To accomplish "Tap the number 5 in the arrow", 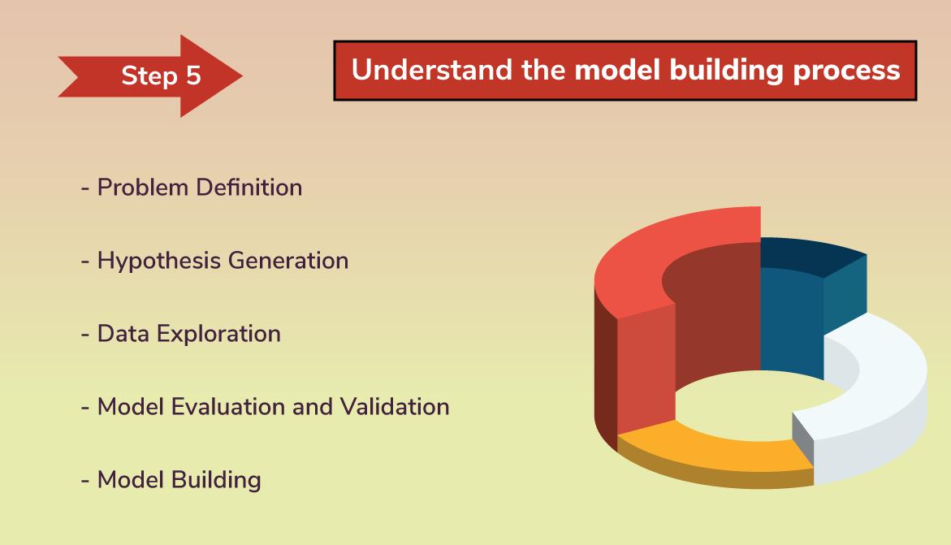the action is tap(192, 76).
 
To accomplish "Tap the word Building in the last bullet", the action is tap(216, 479).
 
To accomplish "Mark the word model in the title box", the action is tap(619, 71).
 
